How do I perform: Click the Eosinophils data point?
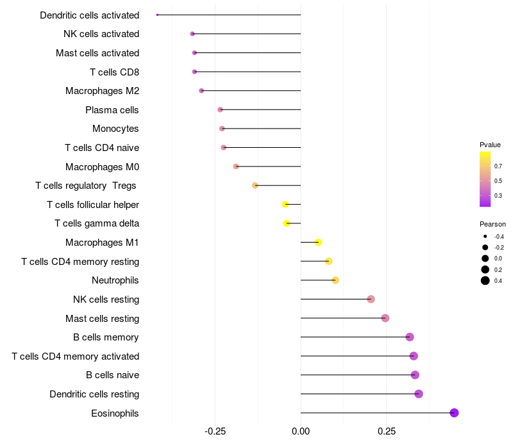pyautogui.click(x=454, y=413)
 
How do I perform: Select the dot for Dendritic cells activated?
pyautogui.click(x=158, y=15)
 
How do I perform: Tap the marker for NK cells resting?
pyautogui.click(x=371, y=299)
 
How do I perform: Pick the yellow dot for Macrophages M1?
pyautogui.click(x=318, y=242)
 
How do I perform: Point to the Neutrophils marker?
pyautogui.click(x=335, y=280)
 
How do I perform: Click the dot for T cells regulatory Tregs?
pyautogui.click(x=255, y=186)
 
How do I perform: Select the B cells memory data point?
pyautogui.click(x=410, y=337)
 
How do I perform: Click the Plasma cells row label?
pyautogui.click(x=112, y=110)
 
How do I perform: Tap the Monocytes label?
pyautogui.click(x=115, y=129)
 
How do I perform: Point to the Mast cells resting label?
pyautogui.click(x=102, y=318)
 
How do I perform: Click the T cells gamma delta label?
pyautogui.click(x=97, y=223)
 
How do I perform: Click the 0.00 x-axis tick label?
pyautogui.click(x=301, y=432)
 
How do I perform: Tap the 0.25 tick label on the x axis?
pyautogui.click(x=386, y=432)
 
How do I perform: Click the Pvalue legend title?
pyautogui.click(x=490, y=145)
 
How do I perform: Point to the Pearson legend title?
pyautogui.click(x=492, y=224)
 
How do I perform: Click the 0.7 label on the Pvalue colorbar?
pyautogui.click(x=498, y=166)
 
